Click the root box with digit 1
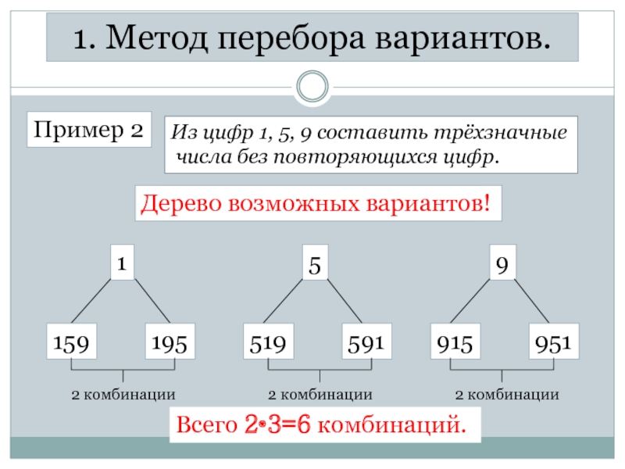(x=121, y=264)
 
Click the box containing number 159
(x=70, y=342)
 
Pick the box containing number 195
(x=170, y=342)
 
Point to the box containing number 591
(x=365, y=342)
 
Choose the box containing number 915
(x=457, y=342)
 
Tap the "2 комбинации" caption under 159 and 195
(x=123, y=394)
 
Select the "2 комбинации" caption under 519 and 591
(x=320, y=394)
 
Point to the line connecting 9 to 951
(x=532, y=302)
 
